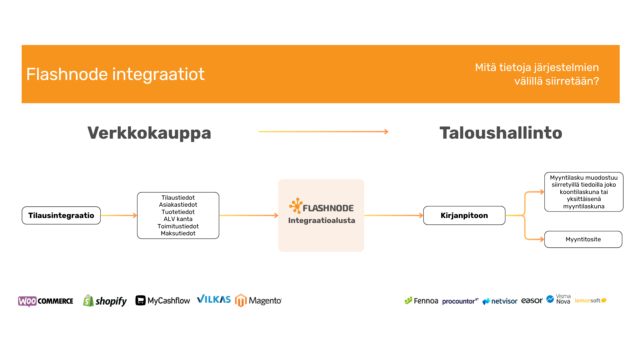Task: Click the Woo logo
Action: tap(27, 301)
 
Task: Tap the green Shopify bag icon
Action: tap(88, 301)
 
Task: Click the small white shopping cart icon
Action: tap(141, 300)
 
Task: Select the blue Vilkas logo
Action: tap(214, 299)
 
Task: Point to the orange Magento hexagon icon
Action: tap(241, 300)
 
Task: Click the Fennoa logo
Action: tap(421, 301)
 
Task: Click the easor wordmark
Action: tap(532, 300)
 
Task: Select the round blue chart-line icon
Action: tap(550, 299)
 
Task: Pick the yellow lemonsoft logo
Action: tap(590, 300)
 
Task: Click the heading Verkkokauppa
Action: tap(149, 133)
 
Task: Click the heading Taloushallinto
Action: tap(501, 133)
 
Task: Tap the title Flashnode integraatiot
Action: tap(115, 74)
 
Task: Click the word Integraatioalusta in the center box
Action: tap(321, 220)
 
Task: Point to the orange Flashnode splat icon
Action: tap(295, 205)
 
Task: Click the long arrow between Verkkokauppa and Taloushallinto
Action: tap(323, 132)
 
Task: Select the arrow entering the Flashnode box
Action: tap(249, 216)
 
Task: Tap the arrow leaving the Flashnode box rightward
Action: tap(394, 216)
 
